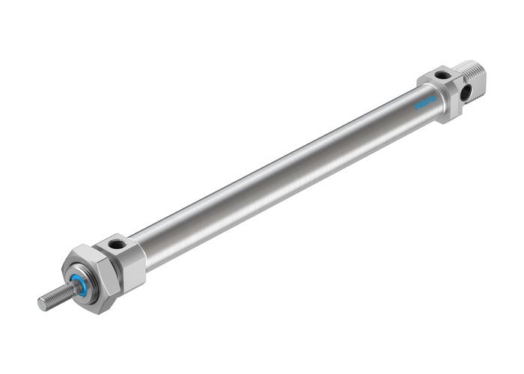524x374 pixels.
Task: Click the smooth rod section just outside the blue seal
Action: [70, 288]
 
